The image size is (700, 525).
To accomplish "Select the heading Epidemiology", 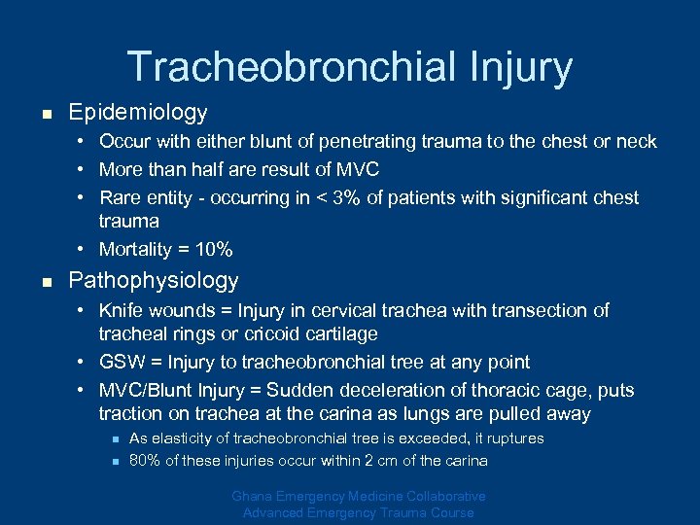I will click(x=138, y=113).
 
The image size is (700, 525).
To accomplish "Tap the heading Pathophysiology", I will click(x=154, y=281).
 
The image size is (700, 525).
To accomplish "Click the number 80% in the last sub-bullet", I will click(x=144, y=461).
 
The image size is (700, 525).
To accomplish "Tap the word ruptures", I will click(x=507, y=438).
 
